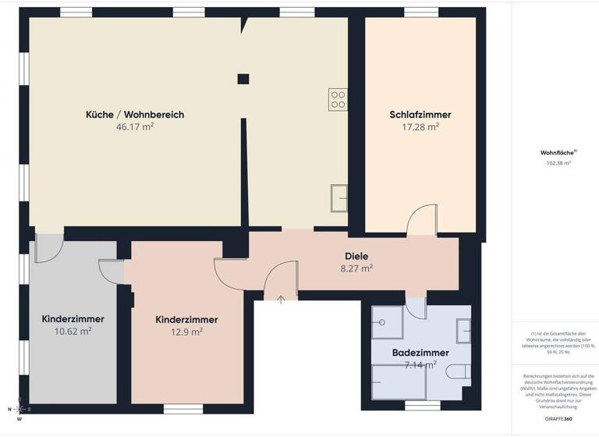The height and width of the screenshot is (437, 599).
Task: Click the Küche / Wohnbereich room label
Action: click(134, 115)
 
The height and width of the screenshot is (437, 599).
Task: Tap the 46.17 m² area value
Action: click(134, 126)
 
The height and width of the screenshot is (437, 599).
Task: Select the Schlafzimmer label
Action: click(420, 115)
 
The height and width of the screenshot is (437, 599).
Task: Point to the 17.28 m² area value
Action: click(420, 126)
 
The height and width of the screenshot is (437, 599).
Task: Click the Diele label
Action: click(356, 256)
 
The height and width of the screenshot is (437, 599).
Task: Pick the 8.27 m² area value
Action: click(356, 268)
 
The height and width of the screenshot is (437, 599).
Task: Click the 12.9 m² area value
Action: click(186, 332)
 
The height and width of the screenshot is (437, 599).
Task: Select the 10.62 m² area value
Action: click(73, 331)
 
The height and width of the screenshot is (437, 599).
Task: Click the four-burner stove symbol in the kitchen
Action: click(338, 99)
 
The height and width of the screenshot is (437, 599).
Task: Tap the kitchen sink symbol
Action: click(339, 196)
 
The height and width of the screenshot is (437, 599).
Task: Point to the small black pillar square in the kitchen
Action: click(243, 78)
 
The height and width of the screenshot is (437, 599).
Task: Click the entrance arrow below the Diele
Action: click(280, 300)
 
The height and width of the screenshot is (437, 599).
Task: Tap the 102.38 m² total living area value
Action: click(558, 164)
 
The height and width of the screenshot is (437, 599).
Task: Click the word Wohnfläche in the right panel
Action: click(557, 153)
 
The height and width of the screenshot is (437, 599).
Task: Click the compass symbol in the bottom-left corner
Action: click(20, 410)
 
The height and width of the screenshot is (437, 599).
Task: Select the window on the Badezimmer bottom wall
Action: click(423, 407)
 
